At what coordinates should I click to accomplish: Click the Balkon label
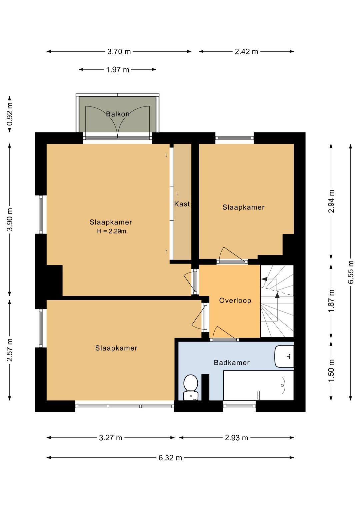click(x=118, y=114)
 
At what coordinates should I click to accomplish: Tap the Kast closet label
click(x=182, y=204)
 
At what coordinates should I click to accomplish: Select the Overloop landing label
click(x=235, y=301)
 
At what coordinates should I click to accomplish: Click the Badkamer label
click(x=232, y=363)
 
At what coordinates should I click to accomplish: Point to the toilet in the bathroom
click(x=191, y=388)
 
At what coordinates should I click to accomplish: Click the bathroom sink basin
click(x=284, y=357)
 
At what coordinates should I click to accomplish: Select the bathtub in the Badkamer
click(x=258, y=386)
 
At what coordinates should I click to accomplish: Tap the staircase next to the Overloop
click(x=277, y=301)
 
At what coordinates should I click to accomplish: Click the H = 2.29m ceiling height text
click(x=112, y=231)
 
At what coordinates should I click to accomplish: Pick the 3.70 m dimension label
click(x=119, y=52)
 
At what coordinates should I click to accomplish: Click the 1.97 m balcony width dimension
click(x=117, y=69)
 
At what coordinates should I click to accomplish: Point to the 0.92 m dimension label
click(x=10, y=114)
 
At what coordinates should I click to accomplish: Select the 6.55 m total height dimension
click(x=351, y=272)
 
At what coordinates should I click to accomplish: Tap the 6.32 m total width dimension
click(x=170, y=458)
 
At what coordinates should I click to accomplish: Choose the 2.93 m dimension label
click(x=236, y=438)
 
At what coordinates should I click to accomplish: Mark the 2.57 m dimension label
click(x=10, y=350)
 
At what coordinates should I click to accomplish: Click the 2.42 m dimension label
click(x=246, y=52)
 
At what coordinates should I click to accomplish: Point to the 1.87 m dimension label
click(x=331, y=301)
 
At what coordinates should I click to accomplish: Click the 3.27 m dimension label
click(x=111, y=438)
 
